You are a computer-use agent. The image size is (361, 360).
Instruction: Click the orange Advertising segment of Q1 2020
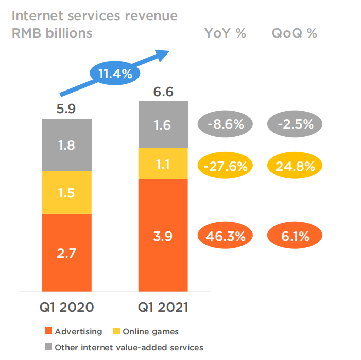coord(67,252)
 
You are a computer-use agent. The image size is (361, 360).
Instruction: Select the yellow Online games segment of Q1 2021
coord(163,164)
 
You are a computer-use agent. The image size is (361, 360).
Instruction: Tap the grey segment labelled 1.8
coord(67,145)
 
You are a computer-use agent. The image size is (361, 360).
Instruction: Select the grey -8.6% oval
coord(225,124)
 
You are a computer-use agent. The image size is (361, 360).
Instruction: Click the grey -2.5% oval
coord(295,124)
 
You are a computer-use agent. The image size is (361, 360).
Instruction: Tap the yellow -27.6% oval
coord(225,166)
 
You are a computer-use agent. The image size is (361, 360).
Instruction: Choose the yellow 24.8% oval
coord(295,166)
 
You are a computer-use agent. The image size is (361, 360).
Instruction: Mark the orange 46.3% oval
coord(225,237)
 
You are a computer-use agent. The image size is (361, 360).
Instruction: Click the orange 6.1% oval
coord(295,237)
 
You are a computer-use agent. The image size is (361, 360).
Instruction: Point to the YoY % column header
coord(225,34)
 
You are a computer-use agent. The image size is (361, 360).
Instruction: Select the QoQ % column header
coord(294,34)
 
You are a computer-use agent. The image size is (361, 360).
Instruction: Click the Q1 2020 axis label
coord(67,308)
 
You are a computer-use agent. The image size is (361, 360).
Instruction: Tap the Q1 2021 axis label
coord(163,308)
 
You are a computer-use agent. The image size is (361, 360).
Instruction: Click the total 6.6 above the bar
coord(163,92)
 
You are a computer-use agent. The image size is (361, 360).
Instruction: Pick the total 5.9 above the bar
coord(67,110)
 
